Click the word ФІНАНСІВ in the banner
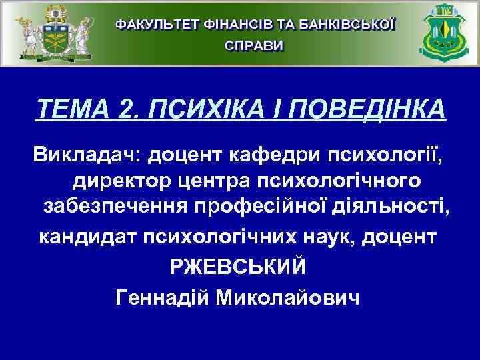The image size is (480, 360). tap(236, 24)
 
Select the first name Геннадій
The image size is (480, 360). tap(163, 297)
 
